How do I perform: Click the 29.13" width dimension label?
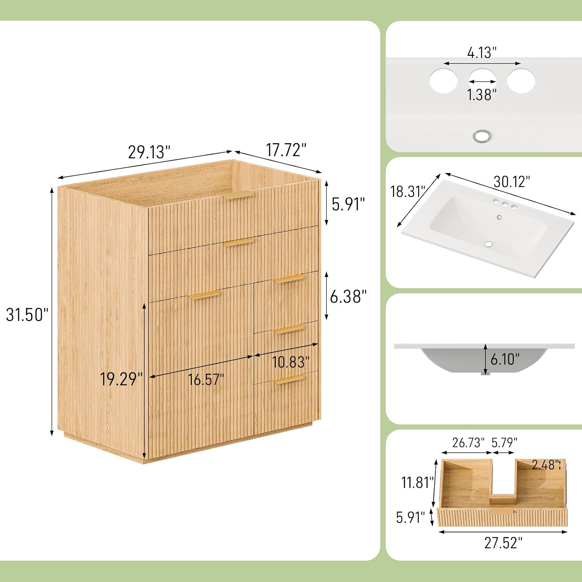click(x=149, y=152)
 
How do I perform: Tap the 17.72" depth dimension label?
click(x=286, y=150)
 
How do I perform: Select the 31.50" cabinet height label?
click(x=27, y=314)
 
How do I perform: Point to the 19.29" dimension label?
click(x=121, y=379)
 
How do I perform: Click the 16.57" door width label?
click(x=206, y=379)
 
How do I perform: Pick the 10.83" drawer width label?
click(x=291, y=362)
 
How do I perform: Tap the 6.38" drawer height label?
click(x=348, y=296)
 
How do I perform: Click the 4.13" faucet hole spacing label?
click(x=482, y=52)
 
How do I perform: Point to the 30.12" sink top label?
click(x=512, y=181)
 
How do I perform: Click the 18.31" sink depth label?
click(x=408, y=191)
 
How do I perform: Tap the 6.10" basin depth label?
click(x=505, y=359)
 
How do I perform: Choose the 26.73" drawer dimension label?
click(x=468, y=442)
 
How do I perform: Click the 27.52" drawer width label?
click(x=503, y=543)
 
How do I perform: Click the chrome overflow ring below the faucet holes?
click(x=482, y=136)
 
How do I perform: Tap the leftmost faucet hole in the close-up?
click(x=443, y=81)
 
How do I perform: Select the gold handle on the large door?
click(x=204, y=294)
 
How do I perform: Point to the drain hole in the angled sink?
click(x=488, y=244)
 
